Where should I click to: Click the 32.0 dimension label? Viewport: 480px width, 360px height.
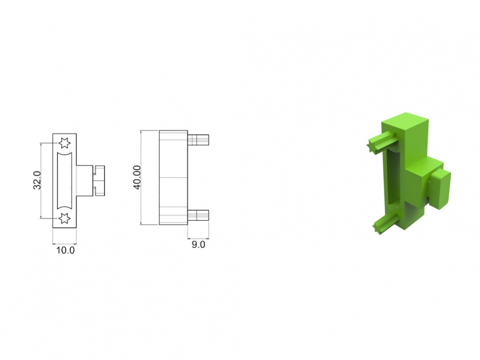tap(37, 180)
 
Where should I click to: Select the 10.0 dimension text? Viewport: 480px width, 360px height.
tap(65, 250)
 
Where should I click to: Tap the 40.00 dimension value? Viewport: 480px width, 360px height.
tap(137, 177)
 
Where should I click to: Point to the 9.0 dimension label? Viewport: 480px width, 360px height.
tap(198, 245)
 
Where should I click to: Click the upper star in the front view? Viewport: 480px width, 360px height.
tap(65, 142)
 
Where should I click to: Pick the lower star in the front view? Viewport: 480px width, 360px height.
tap(65, 218)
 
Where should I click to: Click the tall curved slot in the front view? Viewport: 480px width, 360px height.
tap(65, 181)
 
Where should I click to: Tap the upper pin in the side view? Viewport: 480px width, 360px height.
tap(198, 140)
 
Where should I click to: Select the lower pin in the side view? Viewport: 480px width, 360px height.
tap(198, 215)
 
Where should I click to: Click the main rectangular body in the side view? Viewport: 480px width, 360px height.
tap(173, 178)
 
